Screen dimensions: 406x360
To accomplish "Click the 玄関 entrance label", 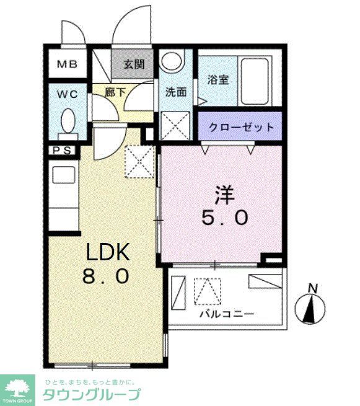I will pos(132,64).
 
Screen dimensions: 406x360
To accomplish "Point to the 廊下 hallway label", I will pos(115,92).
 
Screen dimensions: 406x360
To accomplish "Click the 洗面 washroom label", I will pos(175,92).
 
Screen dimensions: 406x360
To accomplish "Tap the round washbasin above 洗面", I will pos(170,62).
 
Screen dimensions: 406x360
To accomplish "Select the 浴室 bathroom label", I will pos(217,80).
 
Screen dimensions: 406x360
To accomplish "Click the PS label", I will pos(61,150).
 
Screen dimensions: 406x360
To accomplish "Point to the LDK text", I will pos(107,252).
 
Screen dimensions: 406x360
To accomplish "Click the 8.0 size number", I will pos(106,276).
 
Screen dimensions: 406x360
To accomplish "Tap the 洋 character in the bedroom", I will pos(224,195).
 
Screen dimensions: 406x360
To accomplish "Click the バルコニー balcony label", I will pos(226,314).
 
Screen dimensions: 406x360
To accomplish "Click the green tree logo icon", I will pos(19,386).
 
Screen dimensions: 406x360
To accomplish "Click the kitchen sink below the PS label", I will pos(62,174).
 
